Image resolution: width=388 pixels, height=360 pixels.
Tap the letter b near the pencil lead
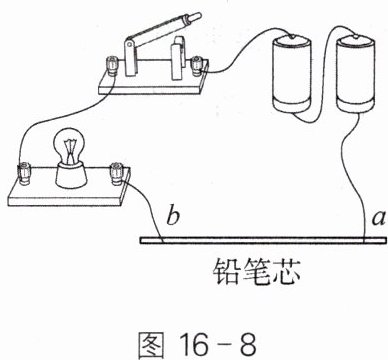coord(173,217)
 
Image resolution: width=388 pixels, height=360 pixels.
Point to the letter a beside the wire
coord(379,219)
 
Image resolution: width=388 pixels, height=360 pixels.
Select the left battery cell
coord(292,73)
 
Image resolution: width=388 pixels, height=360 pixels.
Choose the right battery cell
coord(355,73)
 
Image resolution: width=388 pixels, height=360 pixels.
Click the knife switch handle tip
coord(196,16)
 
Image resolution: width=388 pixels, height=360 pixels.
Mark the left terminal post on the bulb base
coord(24,173)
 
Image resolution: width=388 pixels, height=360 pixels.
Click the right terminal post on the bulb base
coord(116,173)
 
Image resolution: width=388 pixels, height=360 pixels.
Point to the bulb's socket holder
coord(72,174)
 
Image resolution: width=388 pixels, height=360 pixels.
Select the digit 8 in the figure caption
coord(248,344)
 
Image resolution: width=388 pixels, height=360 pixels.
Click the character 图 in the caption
coord(151,345)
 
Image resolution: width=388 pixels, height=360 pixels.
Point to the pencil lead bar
coord(263,240)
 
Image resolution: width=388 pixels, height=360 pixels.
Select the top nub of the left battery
coord(292,36)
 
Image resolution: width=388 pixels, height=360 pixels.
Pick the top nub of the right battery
coord(355,36)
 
